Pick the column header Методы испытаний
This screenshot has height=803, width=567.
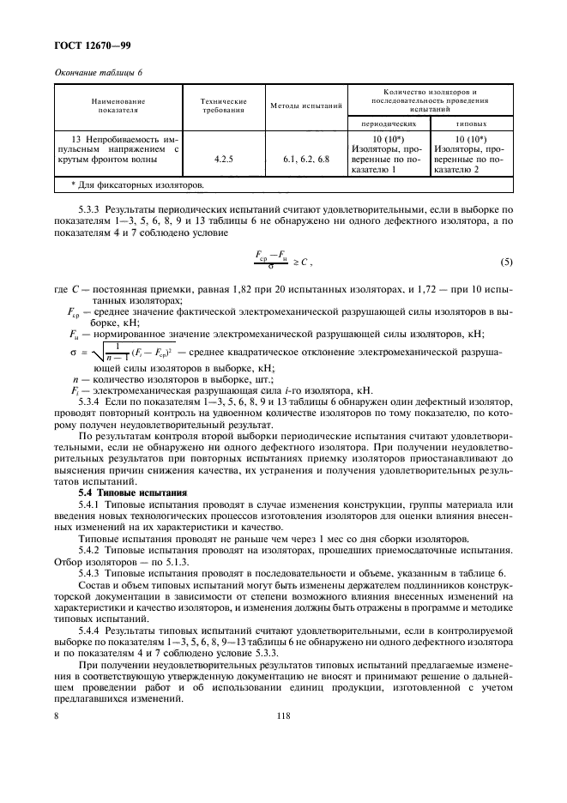[306, 106]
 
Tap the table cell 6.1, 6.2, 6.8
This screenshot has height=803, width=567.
[306, 158]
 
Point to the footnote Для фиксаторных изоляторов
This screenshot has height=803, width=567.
[137, 183]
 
